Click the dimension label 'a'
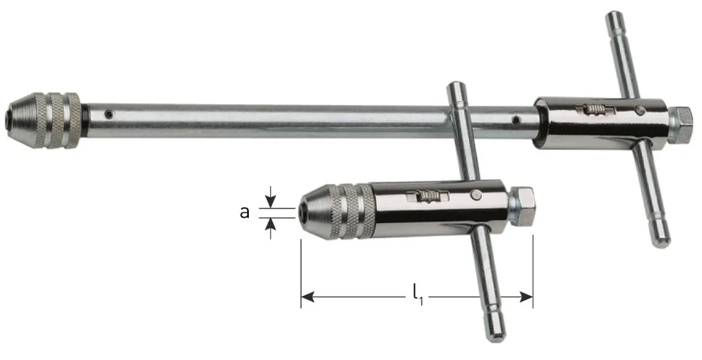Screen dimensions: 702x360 pyautogui.click(x=244, y=211)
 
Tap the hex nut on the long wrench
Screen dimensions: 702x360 pyautogui.click(x=681, y=126)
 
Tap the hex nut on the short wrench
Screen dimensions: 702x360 pyautogui.click(x=522, y=206)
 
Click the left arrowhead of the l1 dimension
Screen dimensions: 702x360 pyautogui.click(x=307, y=297)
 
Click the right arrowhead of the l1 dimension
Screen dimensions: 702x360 pyautogui.click(x=526, y=297)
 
